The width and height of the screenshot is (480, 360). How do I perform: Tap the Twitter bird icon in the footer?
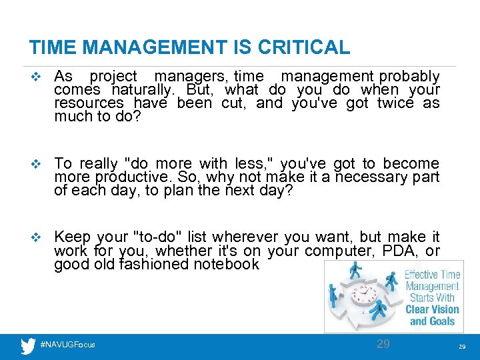click(28, 345)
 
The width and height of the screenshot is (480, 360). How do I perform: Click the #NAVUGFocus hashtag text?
click(68, 345)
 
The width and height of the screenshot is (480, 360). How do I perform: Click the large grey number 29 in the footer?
click(383, 344)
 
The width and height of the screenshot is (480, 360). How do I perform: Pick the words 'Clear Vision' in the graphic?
click(433, 309)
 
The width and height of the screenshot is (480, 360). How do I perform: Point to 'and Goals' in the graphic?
click(432, 321)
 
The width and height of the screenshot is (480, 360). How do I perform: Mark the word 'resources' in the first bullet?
click(89, 103)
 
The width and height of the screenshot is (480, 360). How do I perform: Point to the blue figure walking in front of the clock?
click(379, 309)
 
